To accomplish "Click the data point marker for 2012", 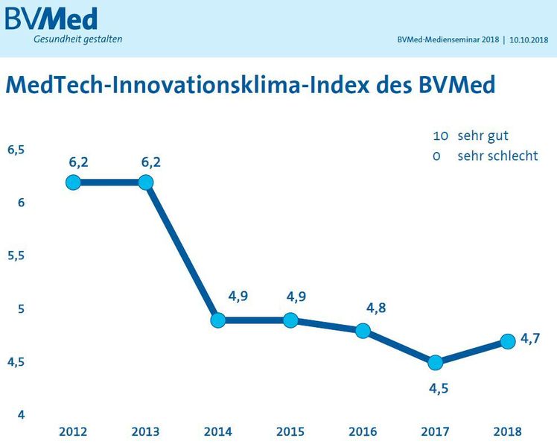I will [73, 183].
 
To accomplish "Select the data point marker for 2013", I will [146, 183].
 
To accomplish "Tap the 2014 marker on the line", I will [218, 320].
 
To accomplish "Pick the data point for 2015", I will [290, 320].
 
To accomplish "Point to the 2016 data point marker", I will [363, 331].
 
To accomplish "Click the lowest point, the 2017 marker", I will [436, 363].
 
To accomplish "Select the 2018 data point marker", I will [508, 341].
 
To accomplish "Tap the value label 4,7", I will [530, 338].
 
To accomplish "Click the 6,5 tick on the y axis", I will [16, 149].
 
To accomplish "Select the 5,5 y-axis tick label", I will [16, 256].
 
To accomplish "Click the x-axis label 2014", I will [217, 431].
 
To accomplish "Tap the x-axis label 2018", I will [507, 431].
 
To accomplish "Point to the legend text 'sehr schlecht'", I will [497, 156].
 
